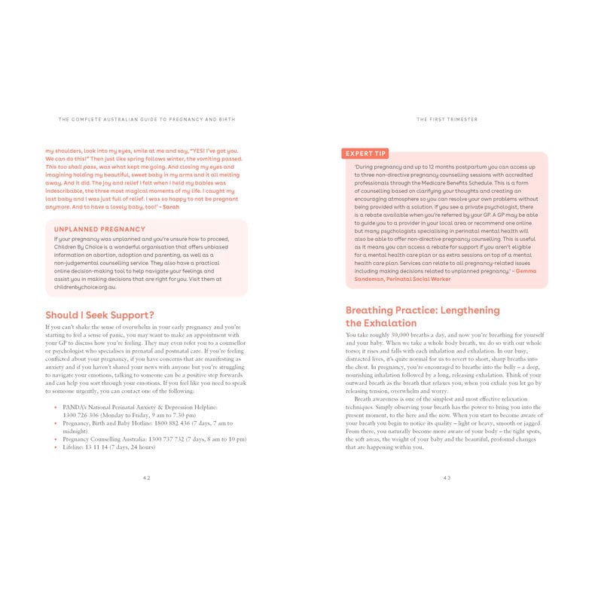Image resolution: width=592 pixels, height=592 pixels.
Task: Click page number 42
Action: (146, 478)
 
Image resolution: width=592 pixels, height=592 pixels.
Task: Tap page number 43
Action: (447, 478)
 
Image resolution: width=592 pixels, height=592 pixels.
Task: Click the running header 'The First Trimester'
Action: (447, 119)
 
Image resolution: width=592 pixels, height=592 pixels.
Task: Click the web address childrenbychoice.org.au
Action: (85, 287)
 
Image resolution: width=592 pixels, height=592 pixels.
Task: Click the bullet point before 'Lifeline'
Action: (56, 447)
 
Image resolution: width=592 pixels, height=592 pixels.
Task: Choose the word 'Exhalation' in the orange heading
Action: (381, 323)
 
